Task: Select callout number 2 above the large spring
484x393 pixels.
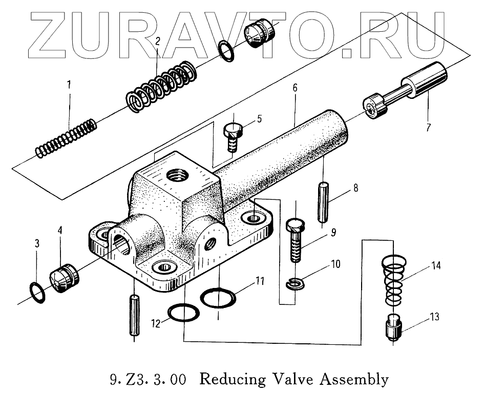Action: tap(158, 42)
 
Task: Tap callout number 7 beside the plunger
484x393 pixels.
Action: tap(428, 127)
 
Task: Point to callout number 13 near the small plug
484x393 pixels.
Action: tap(434, 318)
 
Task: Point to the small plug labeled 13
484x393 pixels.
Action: tap(393, 329)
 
